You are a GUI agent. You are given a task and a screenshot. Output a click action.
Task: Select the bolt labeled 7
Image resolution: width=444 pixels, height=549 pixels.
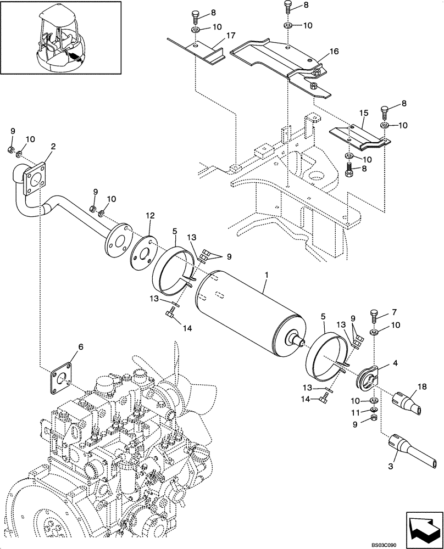376,317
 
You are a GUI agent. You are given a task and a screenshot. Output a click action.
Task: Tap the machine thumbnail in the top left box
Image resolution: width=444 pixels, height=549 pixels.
60,37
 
